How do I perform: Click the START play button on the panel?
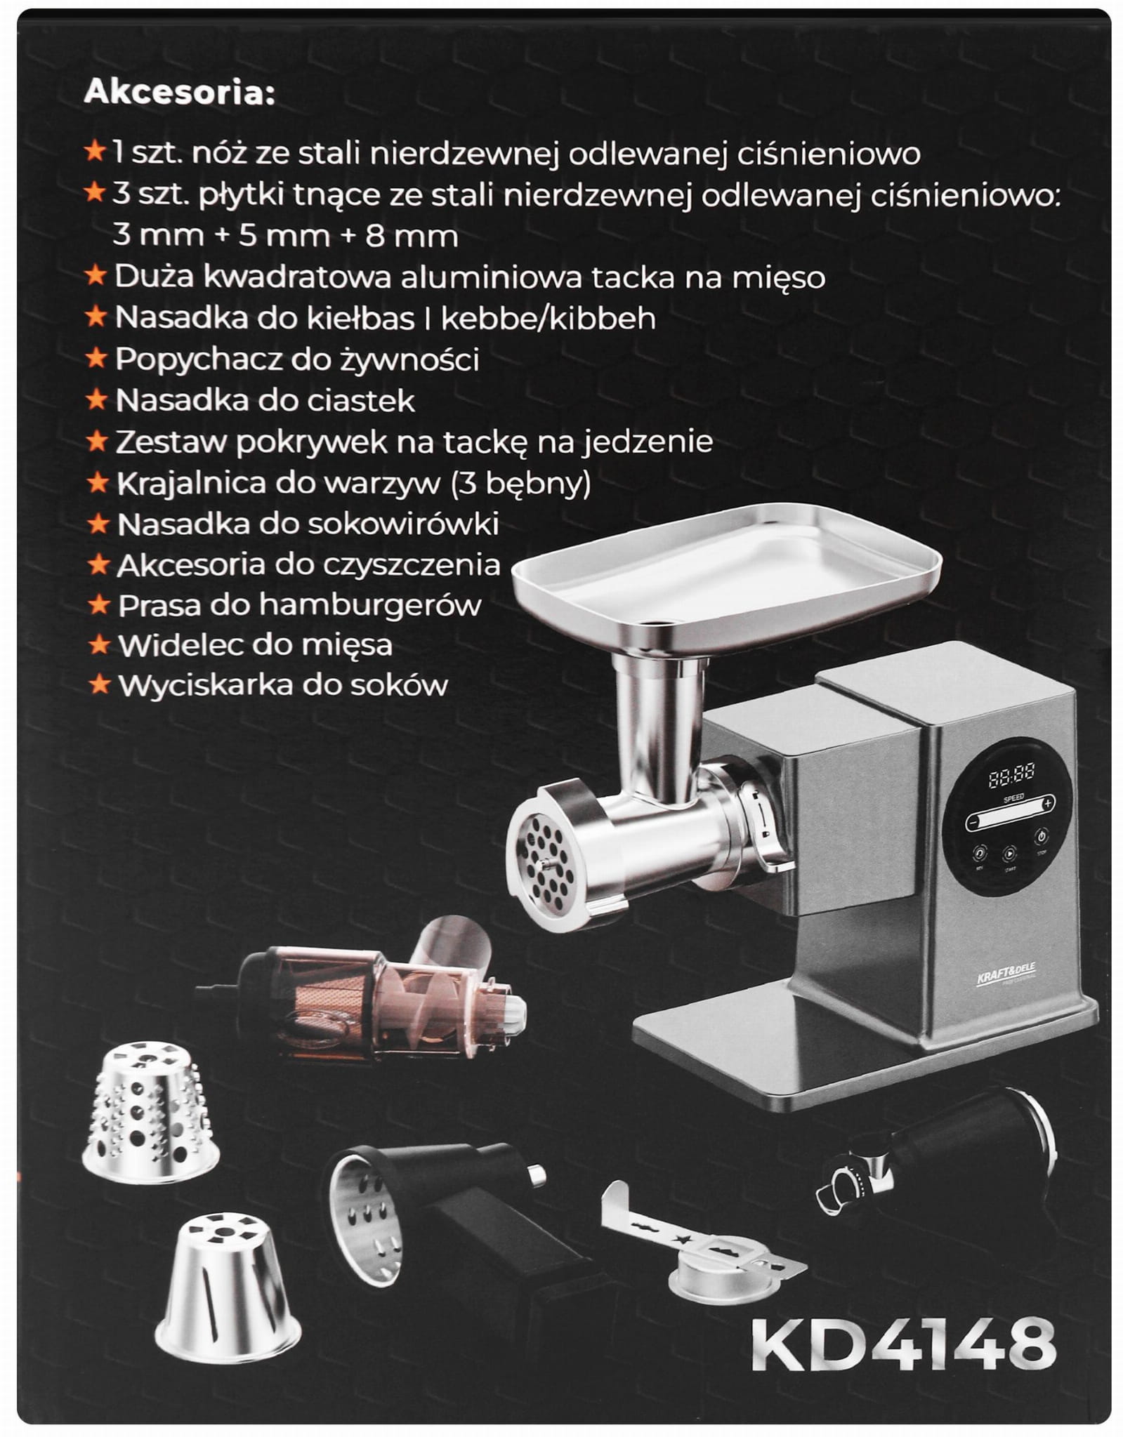1009,854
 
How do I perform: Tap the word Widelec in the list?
166,645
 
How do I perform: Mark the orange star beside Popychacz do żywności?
96,359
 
